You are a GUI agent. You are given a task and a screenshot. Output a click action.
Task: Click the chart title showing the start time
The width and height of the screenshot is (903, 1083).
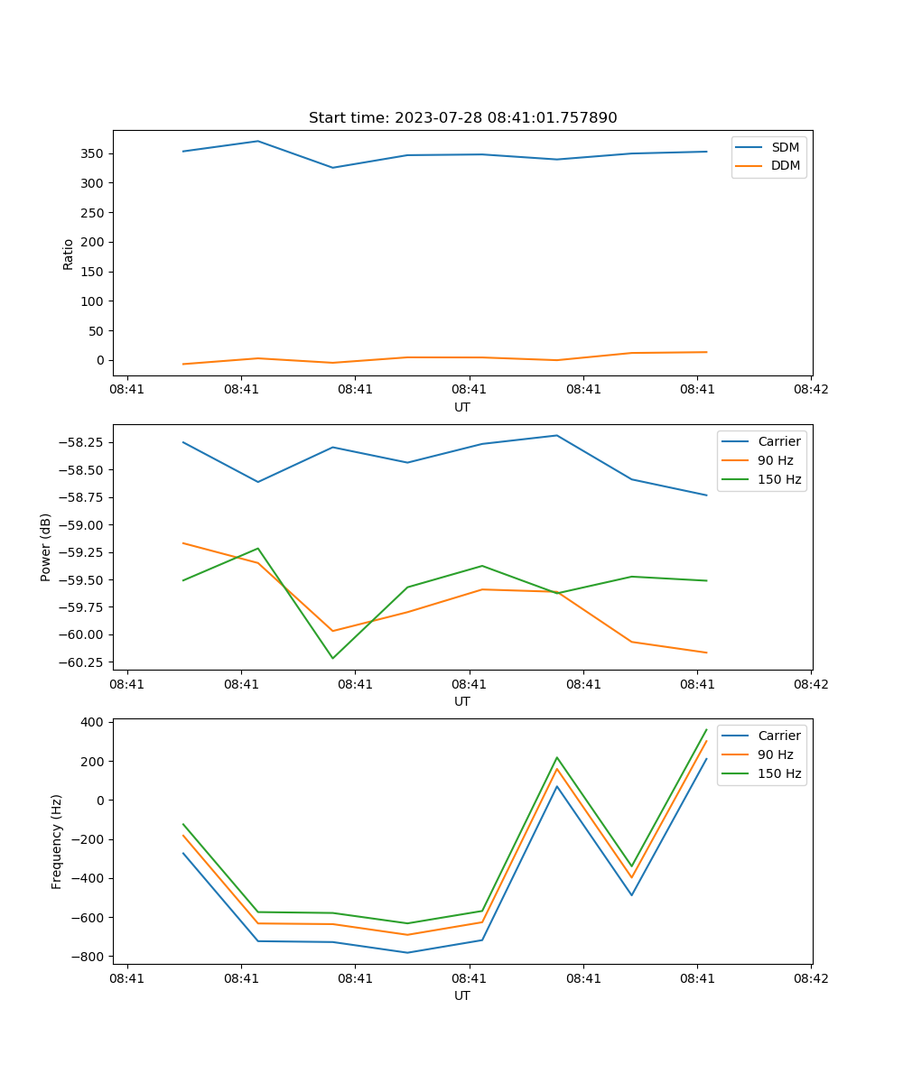462,118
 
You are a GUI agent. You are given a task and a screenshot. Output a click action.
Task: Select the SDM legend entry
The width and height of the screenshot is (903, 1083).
785,147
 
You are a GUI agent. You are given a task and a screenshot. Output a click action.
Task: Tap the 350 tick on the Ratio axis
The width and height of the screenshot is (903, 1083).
93,153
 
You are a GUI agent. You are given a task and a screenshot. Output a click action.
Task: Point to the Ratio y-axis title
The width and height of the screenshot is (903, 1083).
69,254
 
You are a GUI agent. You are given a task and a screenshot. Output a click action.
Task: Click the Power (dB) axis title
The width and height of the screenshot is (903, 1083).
46,547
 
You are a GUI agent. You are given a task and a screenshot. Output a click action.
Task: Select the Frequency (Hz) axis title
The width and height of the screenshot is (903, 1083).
57,841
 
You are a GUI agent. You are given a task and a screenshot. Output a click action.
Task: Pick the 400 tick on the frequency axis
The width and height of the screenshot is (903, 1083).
95,723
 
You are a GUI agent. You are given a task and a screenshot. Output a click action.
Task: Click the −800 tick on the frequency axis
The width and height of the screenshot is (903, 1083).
90,957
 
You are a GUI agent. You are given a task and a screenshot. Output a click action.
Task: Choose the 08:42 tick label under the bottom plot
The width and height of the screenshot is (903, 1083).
810,978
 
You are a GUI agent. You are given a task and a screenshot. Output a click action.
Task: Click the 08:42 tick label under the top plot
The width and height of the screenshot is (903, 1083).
810,390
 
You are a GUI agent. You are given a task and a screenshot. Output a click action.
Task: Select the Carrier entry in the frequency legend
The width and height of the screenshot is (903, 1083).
778,736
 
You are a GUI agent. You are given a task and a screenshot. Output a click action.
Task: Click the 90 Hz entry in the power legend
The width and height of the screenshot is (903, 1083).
776,460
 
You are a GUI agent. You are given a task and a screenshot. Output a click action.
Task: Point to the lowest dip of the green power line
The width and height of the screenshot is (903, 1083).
332,658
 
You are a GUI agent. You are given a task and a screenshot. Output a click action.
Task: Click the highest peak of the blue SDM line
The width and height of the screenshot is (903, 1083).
257,141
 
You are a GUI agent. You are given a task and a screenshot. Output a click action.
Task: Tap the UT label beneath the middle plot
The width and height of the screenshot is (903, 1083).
462,701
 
